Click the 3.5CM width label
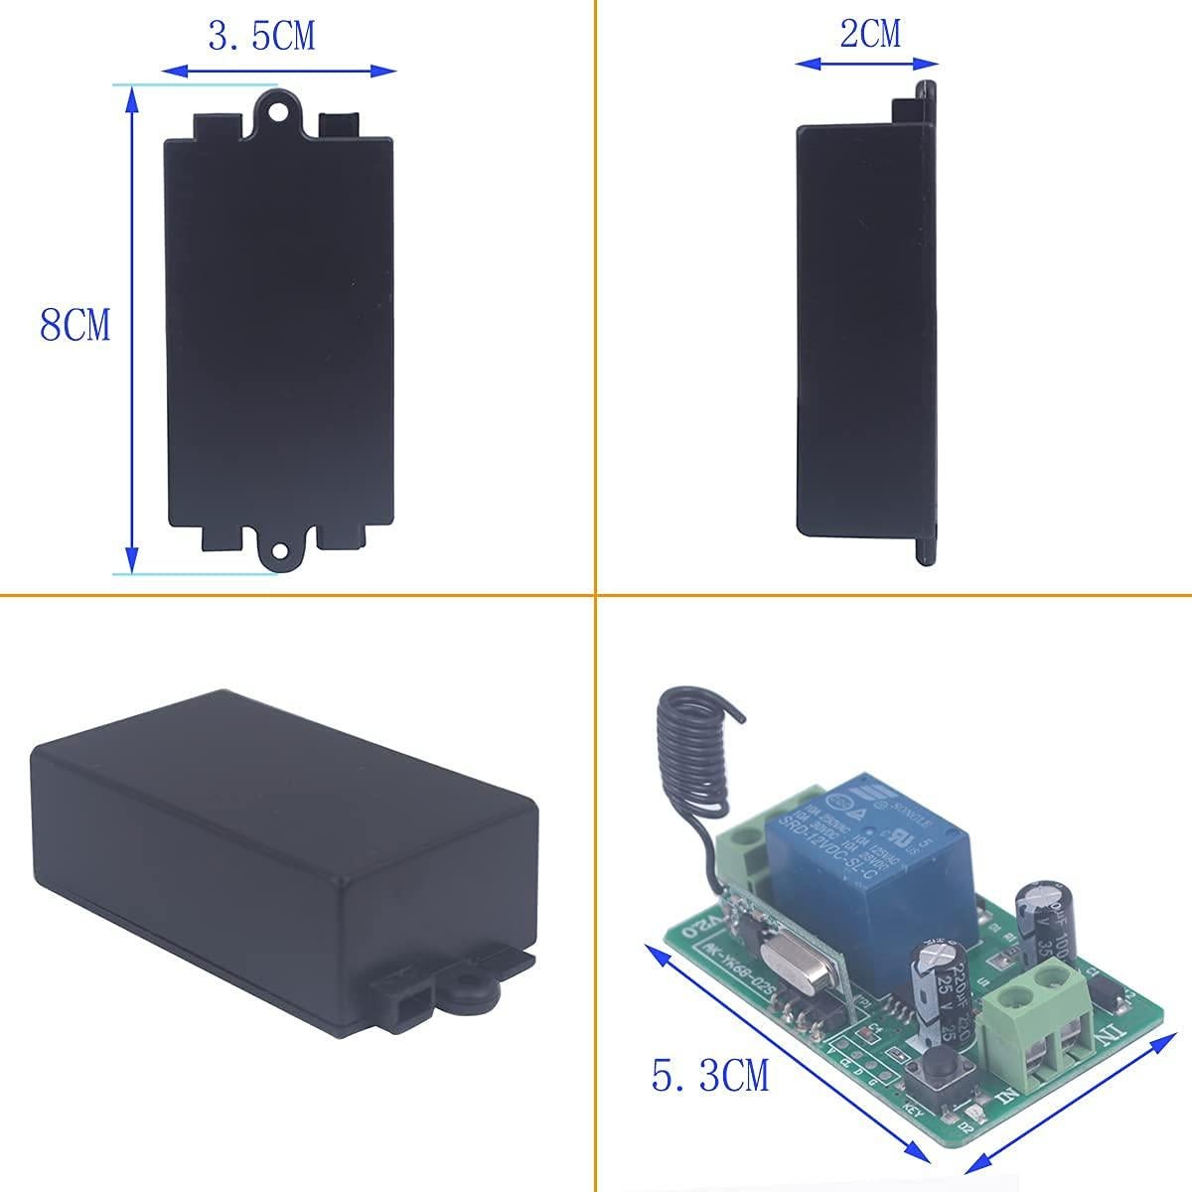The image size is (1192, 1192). (261, 37)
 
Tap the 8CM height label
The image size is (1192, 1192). (75, 326)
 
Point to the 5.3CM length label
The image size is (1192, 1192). (710, 1075)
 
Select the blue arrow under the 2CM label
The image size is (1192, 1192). (867, 63)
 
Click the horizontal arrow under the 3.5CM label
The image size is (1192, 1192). (278, 71)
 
